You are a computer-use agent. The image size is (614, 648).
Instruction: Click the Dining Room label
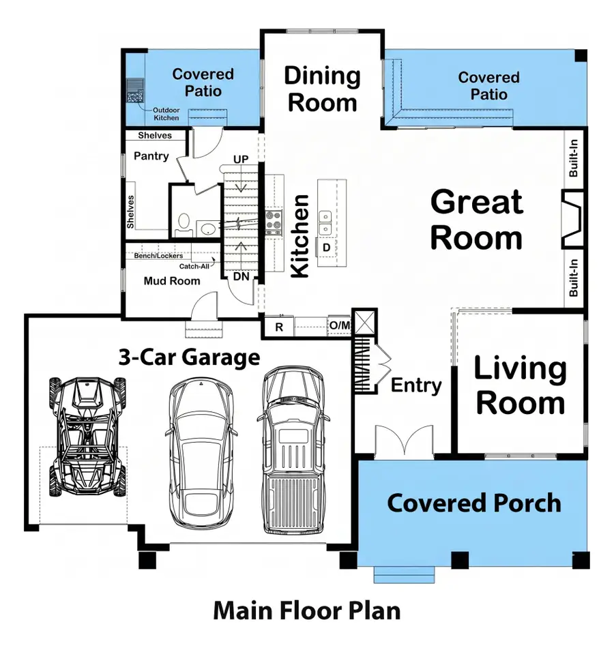click(x=322, y=89)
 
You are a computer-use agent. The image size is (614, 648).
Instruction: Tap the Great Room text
click(x=477, y=220)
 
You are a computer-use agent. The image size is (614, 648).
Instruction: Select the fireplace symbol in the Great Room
click(x=572, y=218)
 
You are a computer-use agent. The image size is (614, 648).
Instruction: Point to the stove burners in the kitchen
click(x=274, y=221)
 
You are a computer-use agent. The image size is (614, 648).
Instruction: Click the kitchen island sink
click(x=326, y=220)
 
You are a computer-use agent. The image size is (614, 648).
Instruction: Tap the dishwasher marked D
click(x=327, y=246)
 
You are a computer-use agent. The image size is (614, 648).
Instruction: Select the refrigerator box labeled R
click(x=278, y=327)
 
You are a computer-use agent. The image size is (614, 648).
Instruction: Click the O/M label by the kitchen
click(x=339, y=326)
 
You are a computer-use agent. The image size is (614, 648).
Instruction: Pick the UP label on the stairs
click(x=241, y=160)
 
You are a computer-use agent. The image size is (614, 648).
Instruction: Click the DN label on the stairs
click(x=242, y=276)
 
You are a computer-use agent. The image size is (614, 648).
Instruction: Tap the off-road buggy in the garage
click(x=87, y=436)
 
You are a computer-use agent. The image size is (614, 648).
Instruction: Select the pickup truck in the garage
click(x=294, y=450)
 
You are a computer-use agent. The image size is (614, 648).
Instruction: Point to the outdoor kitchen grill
click(x=134, y=90)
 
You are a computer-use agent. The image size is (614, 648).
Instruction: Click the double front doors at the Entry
click(x=405, y=440)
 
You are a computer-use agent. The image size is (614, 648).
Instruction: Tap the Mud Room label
click(x=172, y=281)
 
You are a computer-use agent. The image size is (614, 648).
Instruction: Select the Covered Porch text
click(x=474, y=503)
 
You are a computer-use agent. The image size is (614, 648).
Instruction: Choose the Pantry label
click(x=151, y=156)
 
